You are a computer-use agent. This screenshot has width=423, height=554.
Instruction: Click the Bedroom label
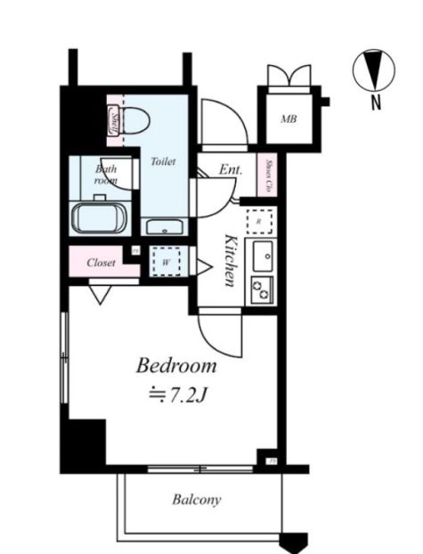175,366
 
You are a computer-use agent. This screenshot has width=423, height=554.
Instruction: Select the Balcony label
196,500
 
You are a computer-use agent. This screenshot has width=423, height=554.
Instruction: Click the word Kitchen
230,260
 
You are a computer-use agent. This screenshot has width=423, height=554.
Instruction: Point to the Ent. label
231,169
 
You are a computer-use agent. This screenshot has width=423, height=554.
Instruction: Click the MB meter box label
289,118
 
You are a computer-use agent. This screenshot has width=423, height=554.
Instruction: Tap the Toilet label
163,161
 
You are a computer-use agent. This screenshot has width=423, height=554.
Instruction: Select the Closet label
101,263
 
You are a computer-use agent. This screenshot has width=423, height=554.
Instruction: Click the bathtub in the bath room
100,216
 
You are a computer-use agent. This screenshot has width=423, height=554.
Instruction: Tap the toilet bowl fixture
135,118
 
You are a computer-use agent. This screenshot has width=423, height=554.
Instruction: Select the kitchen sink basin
264,257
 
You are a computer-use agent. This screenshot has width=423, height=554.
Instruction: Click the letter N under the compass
376,102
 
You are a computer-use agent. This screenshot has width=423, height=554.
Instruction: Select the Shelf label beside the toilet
115,119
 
